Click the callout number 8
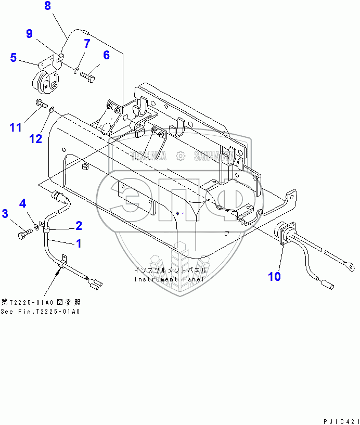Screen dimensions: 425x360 pyautogui.click(x=48, y=7)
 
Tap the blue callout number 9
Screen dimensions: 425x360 pyautogui.click(x=30, y=34)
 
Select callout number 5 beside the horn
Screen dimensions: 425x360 pyautogui.click(x=14, y=57)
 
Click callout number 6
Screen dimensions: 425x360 pyautogui.click(x=106, y=55)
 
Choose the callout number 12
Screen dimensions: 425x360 pyautogui.click(x=35, y=138)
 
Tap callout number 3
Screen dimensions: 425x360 pyautogui.click(x=5, y=213)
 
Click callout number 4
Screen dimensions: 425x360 pyautogui.click(x=23, y=202)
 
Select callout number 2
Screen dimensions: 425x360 pyautogui.click(x=79, y=225)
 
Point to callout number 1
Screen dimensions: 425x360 pyautogui.click(x=79, y=242)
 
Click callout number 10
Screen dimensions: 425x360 pyautogui.click(x=274, y=276)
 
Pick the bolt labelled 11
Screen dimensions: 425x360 pyautogui.click(x=41, y=102)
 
